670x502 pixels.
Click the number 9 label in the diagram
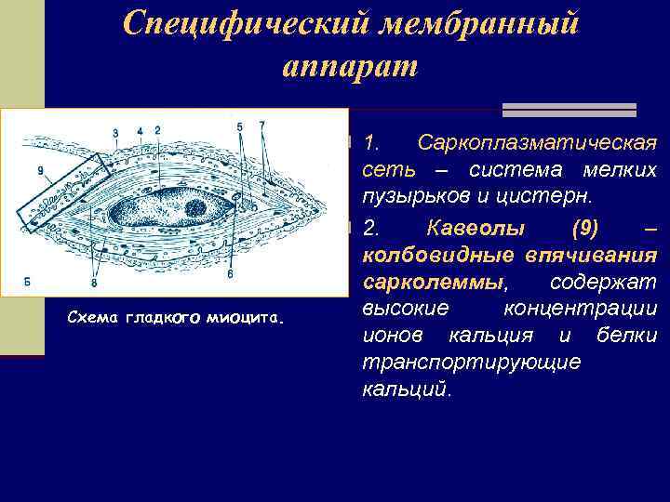pos(40,169)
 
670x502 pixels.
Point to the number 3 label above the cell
pos(115,133)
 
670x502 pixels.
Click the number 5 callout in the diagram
pos(239,125)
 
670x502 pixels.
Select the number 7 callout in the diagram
pos(262,125)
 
